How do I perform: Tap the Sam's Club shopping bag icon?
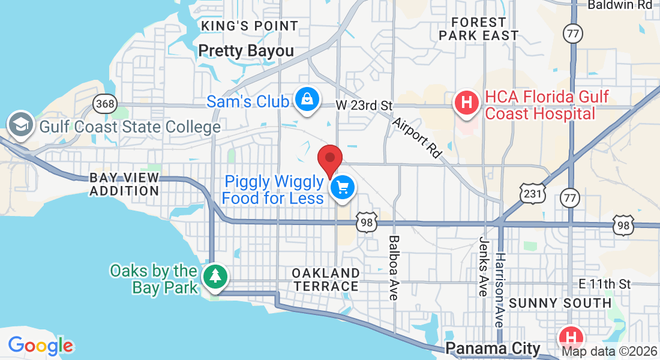307,100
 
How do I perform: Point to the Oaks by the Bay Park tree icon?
215,277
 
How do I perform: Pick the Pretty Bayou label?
246,51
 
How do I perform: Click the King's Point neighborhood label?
250,26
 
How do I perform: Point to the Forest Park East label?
478,29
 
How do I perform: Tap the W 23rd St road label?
364,106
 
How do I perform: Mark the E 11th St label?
605,283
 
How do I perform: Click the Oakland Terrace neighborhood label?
326,280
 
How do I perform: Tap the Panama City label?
493,347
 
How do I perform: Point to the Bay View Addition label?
124,184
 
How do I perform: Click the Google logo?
41,346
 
